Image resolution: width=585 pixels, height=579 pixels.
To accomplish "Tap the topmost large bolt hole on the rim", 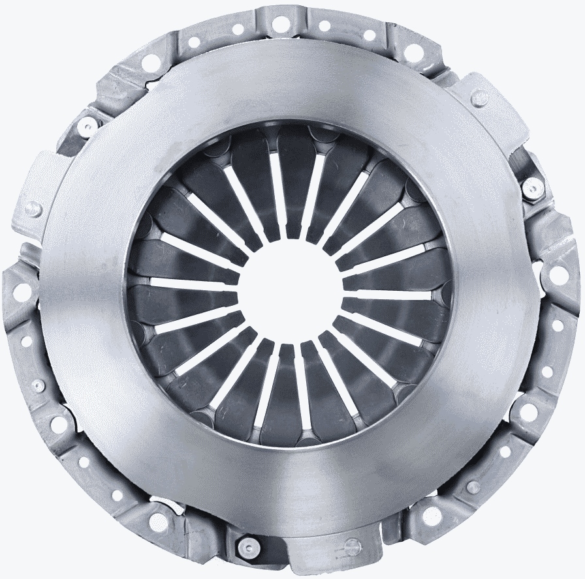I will click(281, 24).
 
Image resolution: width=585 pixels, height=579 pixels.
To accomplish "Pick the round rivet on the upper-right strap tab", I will click(480, 98).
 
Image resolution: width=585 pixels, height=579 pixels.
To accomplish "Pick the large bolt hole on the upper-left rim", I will click(150, 62).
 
